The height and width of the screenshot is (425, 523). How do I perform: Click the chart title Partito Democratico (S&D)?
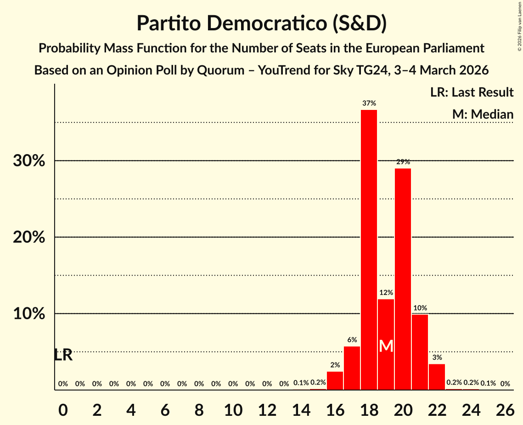(x=261, y=23)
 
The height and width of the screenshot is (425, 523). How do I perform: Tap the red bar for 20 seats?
(x=403, y=279)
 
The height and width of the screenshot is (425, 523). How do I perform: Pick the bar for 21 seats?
(x=420, y=352)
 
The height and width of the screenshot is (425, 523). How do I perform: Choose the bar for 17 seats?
(x=352, y=368)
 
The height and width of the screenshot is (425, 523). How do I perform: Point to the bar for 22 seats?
(x=437, y=377)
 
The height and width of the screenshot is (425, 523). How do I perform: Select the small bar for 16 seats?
(x=335, y=380)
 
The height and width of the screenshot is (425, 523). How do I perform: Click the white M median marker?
(x=386, y=346)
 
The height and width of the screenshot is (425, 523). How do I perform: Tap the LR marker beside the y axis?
(x=63, y=355)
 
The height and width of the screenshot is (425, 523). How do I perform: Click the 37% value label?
(x=369, y=103)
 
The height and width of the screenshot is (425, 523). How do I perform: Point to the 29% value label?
(x=403, y=162)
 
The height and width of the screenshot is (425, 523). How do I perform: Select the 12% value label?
(x=386, y=293)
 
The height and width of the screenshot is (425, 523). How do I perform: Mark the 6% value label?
(x=352, y=340)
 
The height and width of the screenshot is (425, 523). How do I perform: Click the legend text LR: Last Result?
(x=472, y=92)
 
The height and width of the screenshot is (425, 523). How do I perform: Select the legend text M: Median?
(x=483, y=114)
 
